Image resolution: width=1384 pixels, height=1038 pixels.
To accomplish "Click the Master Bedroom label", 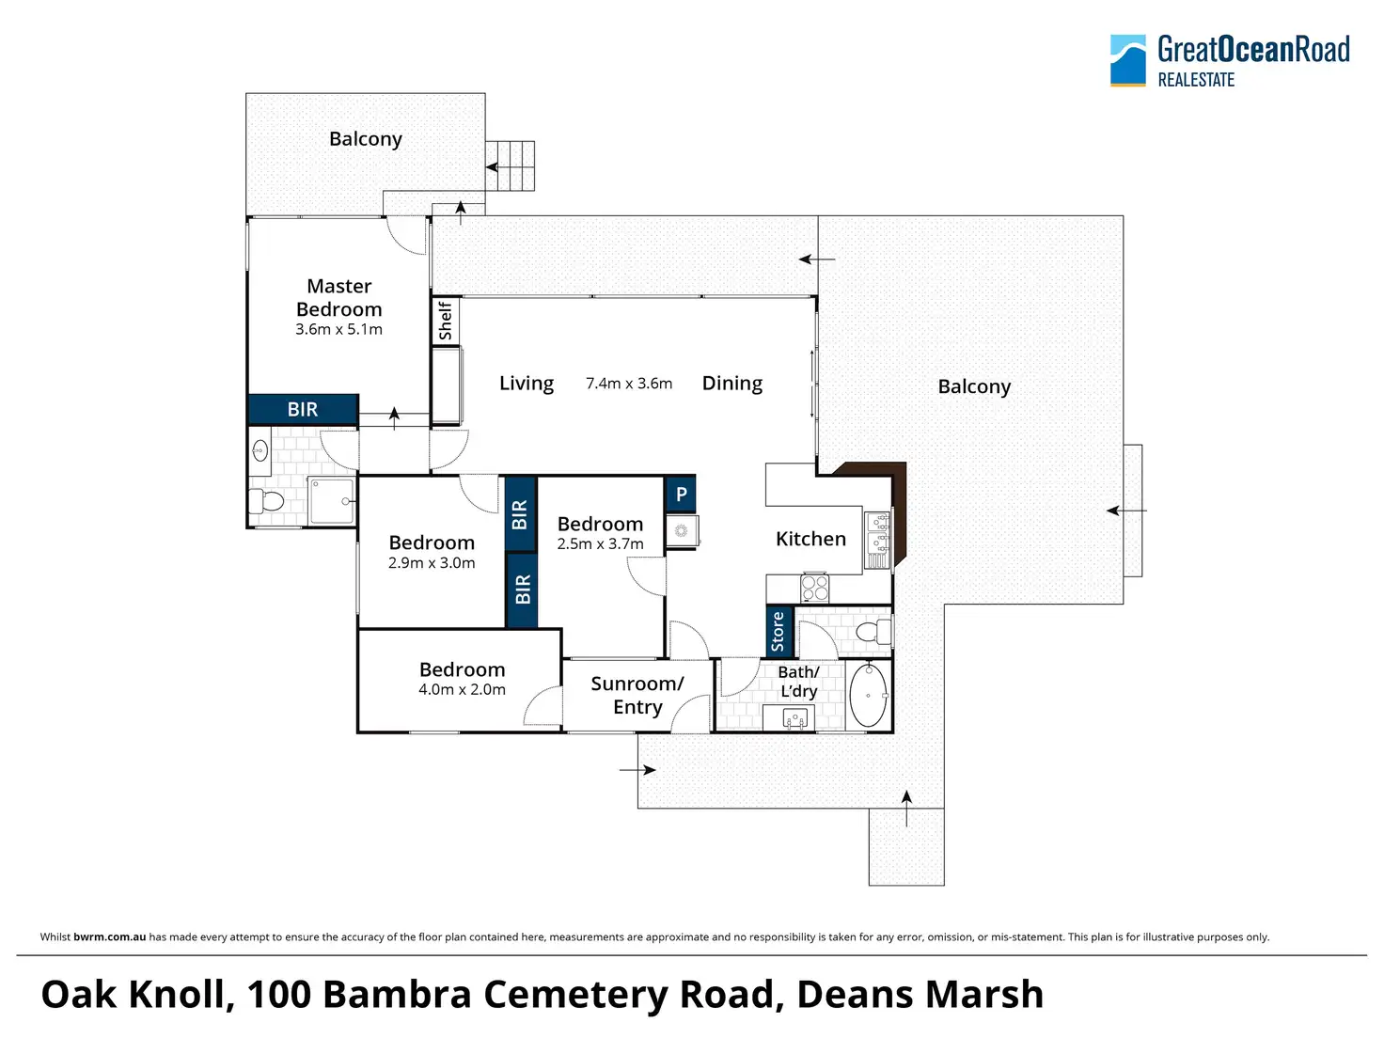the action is click(x=338, y=298).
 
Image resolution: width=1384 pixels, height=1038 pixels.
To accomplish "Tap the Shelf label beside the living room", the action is click(x=445, y=321).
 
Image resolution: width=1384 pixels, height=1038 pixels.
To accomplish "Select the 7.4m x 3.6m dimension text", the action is click(x=629, y=384).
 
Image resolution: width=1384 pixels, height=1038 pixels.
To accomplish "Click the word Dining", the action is click(x=732, y=383).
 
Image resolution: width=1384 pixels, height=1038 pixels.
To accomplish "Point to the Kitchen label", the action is click(x=810, y=539).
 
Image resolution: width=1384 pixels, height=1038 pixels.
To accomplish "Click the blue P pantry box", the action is click(x=681, y=494).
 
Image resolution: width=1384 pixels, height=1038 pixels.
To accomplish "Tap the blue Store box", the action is click(x=778, y=631).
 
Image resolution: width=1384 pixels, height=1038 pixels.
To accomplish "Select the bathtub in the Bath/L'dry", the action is click(x=868, y=695).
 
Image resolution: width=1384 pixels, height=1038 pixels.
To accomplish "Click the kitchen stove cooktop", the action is click(x=814, y=589).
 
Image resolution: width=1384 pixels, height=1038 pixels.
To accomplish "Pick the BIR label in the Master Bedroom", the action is click(x=303, y=409).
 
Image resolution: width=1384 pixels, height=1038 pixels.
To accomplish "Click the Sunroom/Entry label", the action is click(x=637, y=696).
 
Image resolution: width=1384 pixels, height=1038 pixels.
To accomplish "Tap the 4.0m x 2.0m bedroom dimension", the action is click(x=462, y=690).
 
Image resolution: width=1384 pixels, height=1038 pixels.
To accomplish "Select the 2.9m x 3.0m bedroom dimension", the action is click(x=432, y=563).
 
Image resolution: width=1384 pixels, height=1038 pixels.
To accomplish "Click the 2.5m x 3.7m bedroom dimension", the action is click(x=600, y=544).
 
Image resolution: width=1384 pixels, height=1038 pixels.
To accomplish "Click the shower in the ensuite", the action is click(x=332, y=501).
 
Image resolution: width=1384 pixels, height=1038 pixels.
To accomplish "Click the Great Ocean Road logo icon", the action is click(x=1127, y=60).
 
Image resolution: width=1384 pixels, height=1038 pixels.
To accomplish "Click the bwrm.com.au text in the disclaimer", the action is click(x=109, y=936).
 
